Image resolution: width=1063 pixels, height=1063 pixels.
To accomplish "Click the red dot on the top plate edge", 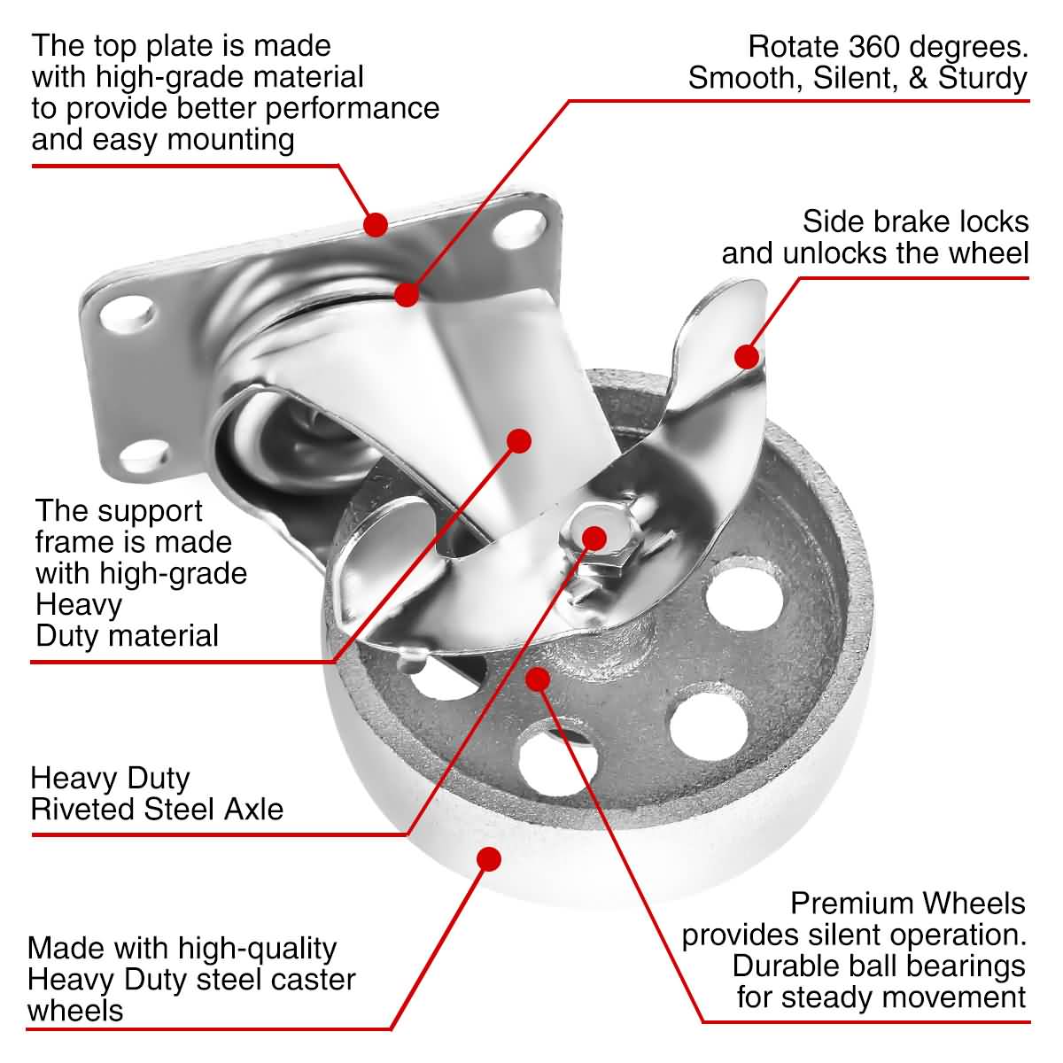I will (376, 223).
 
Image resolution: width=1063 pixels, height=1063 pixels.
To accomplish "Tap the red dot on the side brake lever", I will (747, 356).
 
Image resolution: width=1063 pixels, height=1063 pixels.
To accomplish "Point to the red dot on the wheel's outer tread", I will (488, 858).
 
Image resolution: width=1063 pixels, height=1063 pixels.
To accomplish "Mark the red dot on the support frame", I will (518, 439).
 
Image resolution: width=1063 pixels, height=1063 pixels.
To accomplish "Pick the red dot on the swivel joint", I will (407, 294).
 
